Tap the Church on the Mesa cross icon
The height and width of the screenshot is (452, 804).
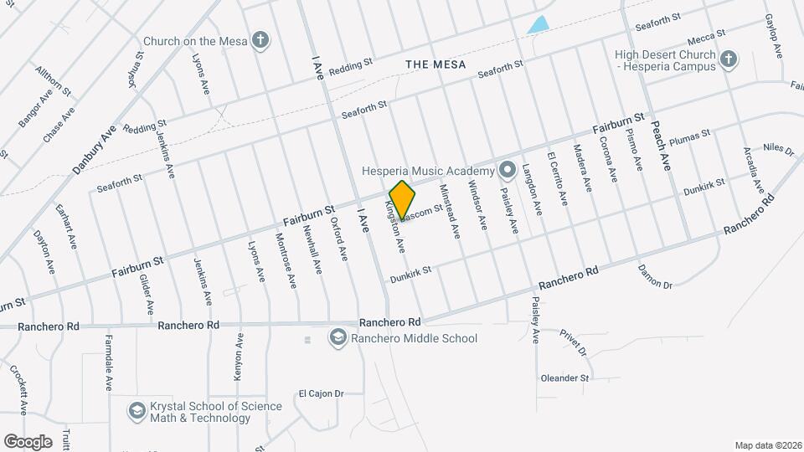(260, 40)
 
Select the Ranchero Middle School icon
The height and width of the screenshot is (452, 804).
(338, 338)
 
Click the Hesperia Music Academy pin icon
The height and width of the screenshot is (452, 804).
(507, 171)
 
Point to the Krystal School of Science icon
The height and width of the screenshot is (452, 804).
(137, 411)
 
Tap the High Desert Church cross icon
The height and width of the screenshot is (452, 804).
(729, 59)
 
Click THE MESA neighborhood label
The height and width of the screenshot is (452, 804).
(434, 64)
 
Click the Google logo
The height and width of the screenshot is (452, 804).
(28, 441)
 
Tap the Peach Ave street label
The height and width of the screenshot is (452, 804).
(661, 145)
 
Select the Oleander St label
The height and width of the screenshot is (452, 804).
(564, 378)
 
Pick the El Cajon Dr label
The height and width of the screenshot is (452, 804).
(322, 393)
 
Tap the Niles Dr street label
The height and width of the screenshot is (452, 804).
(778, 149)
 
